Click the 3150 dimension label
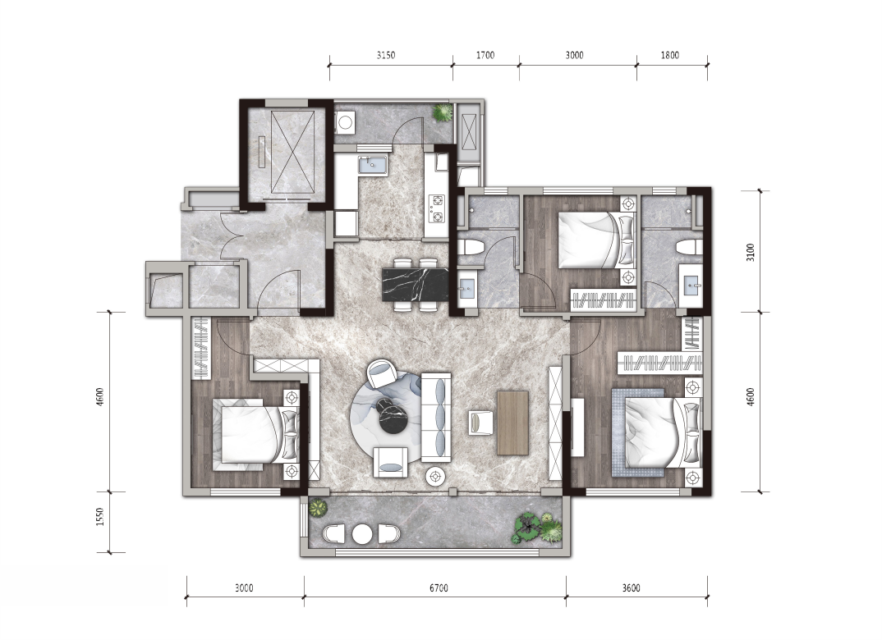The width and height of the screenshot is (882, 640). tap(386, 55)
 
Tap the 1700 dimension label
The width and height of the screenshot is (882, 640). tap(485, 55)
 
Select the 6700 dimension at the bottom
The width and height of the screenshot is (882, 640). tap(439, 587)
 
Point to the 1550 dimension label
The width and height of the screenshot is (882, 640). tap(100, 517)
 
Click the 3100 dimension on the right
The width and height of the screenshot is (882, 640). tap(751, 252)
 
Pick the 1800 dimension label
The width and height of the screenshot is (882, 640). tap(669, 55)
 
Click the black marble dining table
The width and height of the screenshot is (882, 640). tap(415, 285)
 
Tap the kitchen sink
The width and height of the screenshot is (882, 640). tap(372, 164)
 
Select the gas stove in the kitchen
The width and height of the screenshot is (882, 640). tap(437, 208)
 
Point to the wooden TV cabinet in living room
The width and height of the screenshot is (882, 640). tap(512, 423)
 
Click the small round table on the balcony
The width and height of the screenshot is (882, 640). tap(361, 533)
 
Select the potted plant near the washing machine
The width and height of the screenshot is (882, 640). tap(442, 112)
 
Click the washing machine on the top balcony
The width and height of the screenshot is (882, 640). tap(344, 121)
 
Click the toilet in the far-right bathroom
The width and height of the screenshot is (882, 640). tap(689, 247)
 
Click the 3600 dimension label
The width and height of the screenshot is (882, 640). tap(632, 587)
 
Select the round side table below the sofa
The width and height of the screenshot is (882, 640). tap(434, 477)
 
